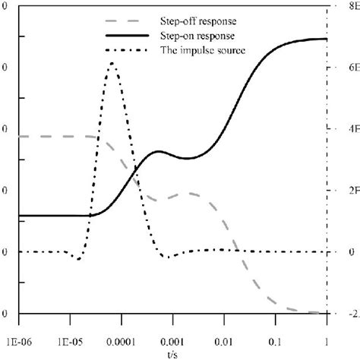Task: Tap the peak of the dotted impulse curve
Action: [x=112, y=65]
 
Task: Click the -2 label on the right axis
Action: [x=352, y=314]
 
